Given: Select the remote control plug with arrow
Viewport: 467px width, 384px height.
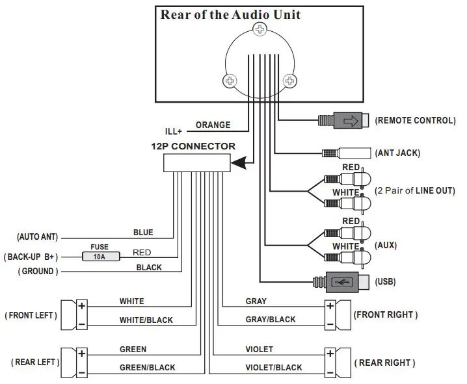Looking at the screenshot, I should click(x=345, y=120).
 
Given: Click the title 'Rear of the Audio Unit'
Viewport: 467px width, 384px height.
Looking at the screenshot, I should click(x=230, y=14).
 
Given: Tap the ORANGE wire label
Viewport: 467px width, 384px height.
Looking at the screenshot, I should click(x=213, y=125).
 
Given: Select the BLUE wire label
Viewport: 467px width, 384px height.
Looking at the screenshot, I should click(x=143, y=232).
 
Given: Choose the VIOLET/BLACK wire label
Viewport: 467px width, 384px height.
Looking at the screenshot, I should click(x=273, y=367).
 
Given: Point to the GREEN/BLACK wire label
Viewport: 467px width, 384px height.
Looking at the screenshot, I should click(x=147, y=367).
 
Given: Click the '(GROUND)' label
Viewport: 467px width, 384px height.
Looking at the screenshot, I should click(x=38, y=271).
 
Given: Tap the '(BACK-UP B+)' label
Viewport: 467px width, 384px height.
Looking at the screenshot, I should click(x=33, y=257).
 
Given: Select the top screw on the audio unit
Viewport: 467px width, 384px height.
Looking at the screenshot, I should click(x=260, y=29).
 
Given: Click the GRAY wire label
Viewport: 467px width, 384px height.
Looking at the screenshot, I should click(x=256, y=301).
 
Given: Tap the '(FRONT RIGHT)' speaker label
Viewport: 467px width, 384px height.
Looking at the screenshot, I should click(x=385, y=314).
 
